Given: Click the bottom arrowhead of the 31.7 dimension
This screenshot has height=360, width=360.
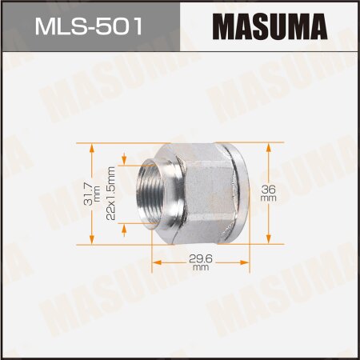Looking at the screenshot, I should coord(93,238).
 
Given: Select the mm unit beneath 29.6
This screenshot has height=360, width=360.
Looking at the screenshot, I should coord(201,269).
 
